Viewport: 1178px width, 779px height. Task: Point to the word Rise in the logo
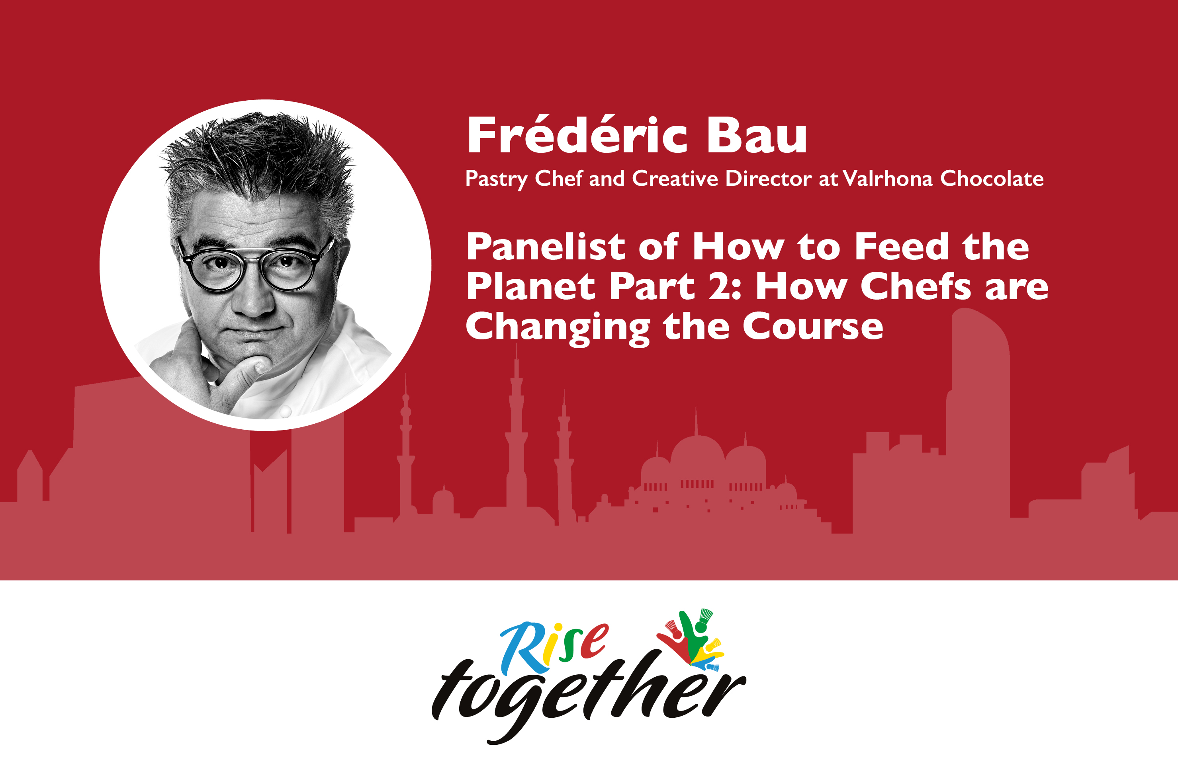pyautogui.click(x=554, y=645)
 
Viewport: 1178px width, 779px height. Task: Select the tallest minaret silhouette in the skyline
pyautogui.click(x=517, y=437)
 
